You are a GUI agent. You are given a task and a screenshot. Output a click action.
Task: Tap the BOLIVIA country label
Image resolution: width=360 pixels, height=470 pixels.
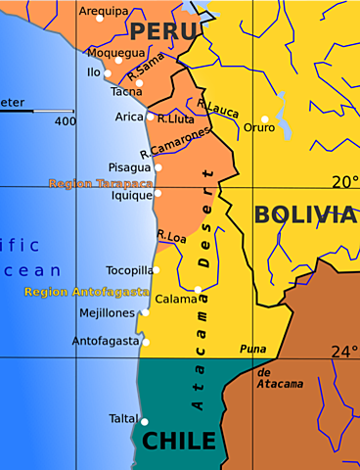(304, 215)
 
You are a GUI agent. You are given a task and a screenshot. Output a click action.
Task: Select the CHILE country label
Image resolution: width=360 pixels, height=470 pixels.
(179, 441)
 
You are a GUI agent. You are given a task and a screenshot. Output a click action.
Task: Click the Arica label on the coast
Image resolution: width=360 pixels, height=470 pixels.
(129, 117)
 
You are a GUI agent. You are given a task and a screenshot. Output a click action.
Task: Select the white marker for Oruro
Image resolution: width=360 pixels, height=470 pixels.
(264, 119)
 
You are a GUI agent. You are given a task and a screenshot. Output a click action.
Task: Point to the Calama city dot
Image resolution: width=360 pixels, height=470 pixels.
(198, 290)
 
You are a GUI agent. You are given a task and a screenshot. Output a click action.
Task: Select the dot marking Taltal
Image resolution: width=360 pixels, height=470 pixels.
(145, 422)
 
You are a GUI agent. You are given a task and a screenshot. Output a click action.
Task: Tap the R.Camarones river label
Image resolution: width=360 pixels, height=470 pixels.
(175, 143)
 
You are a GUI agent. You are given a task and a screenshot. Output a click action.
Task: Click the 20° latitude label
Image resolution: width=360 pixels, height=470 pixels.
(343, 181)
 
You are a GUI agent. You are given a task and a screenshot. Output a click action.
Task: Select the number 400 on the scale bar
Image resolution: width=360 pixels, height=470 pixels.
(66, 121)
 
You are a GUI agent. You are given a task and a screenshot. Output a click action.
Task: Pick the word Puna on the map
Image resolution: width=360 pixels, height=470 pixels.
(252, 349)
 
